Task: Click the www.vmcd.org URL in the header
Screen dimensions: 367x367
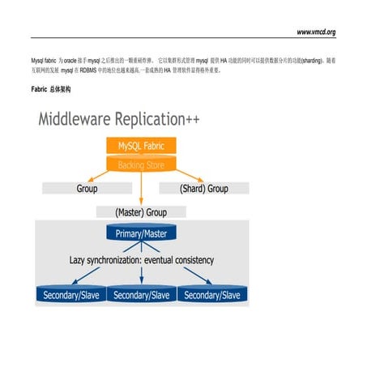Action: (x=316, y=32)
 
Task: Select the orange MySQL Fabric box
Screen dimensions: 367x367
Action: (x=141, y=147)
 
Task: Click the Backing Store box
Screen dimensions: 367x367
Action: (x=141, y=165)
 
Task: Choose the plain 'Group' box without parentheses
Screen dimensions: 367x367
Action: (x=87, y=188)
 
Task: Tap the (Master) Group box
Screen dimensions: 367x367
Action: (x=141, y=211)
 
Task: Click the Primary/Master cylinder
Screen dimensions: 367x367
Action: (x=142, y=233)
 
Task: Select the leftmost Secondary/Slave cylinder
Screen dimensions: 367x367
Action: (x=70, y=295)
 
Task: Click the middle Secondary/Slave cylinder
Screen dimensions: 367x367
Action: (x=141, y=295)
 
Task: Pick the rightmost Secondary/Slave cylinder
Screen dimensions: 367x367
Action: (x=212, y=295)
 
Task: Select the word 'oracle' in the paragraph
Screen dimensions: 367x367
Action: (x=70, y=61)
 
